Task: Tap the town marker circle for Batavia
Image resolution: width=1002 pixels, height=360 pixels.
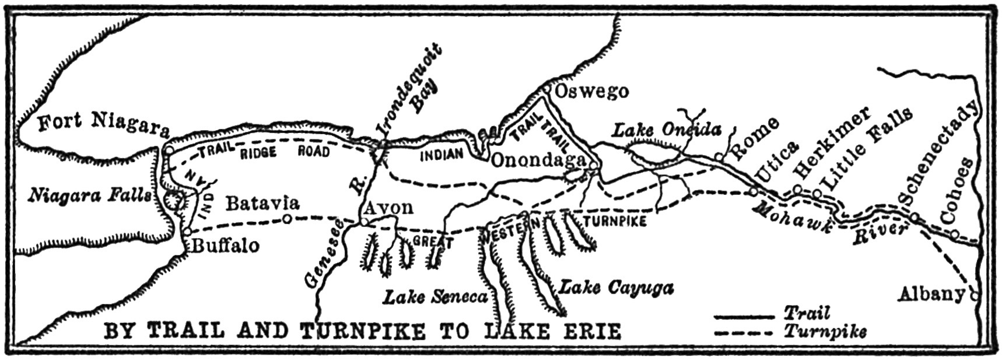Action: [286, 219]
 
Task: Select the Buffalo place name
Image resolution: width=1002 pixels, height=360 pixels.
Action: [225, 246]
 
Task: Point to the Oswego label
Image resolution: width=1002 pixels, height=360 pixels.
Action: [591, 92]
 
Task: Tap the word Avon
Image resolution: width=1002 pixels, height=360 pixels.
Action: [388, 207]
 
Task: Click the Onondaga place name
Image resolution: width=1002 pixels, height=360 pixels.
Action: [538, 160]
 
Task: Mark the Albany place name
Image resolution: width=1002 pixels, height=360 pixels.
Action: [931, 294]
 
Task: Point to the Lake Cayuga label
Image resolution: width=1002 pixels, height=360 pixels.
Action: [616, 287]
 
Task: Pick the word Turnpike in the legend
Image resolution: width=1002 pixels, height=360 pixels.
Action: [824, 331]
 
